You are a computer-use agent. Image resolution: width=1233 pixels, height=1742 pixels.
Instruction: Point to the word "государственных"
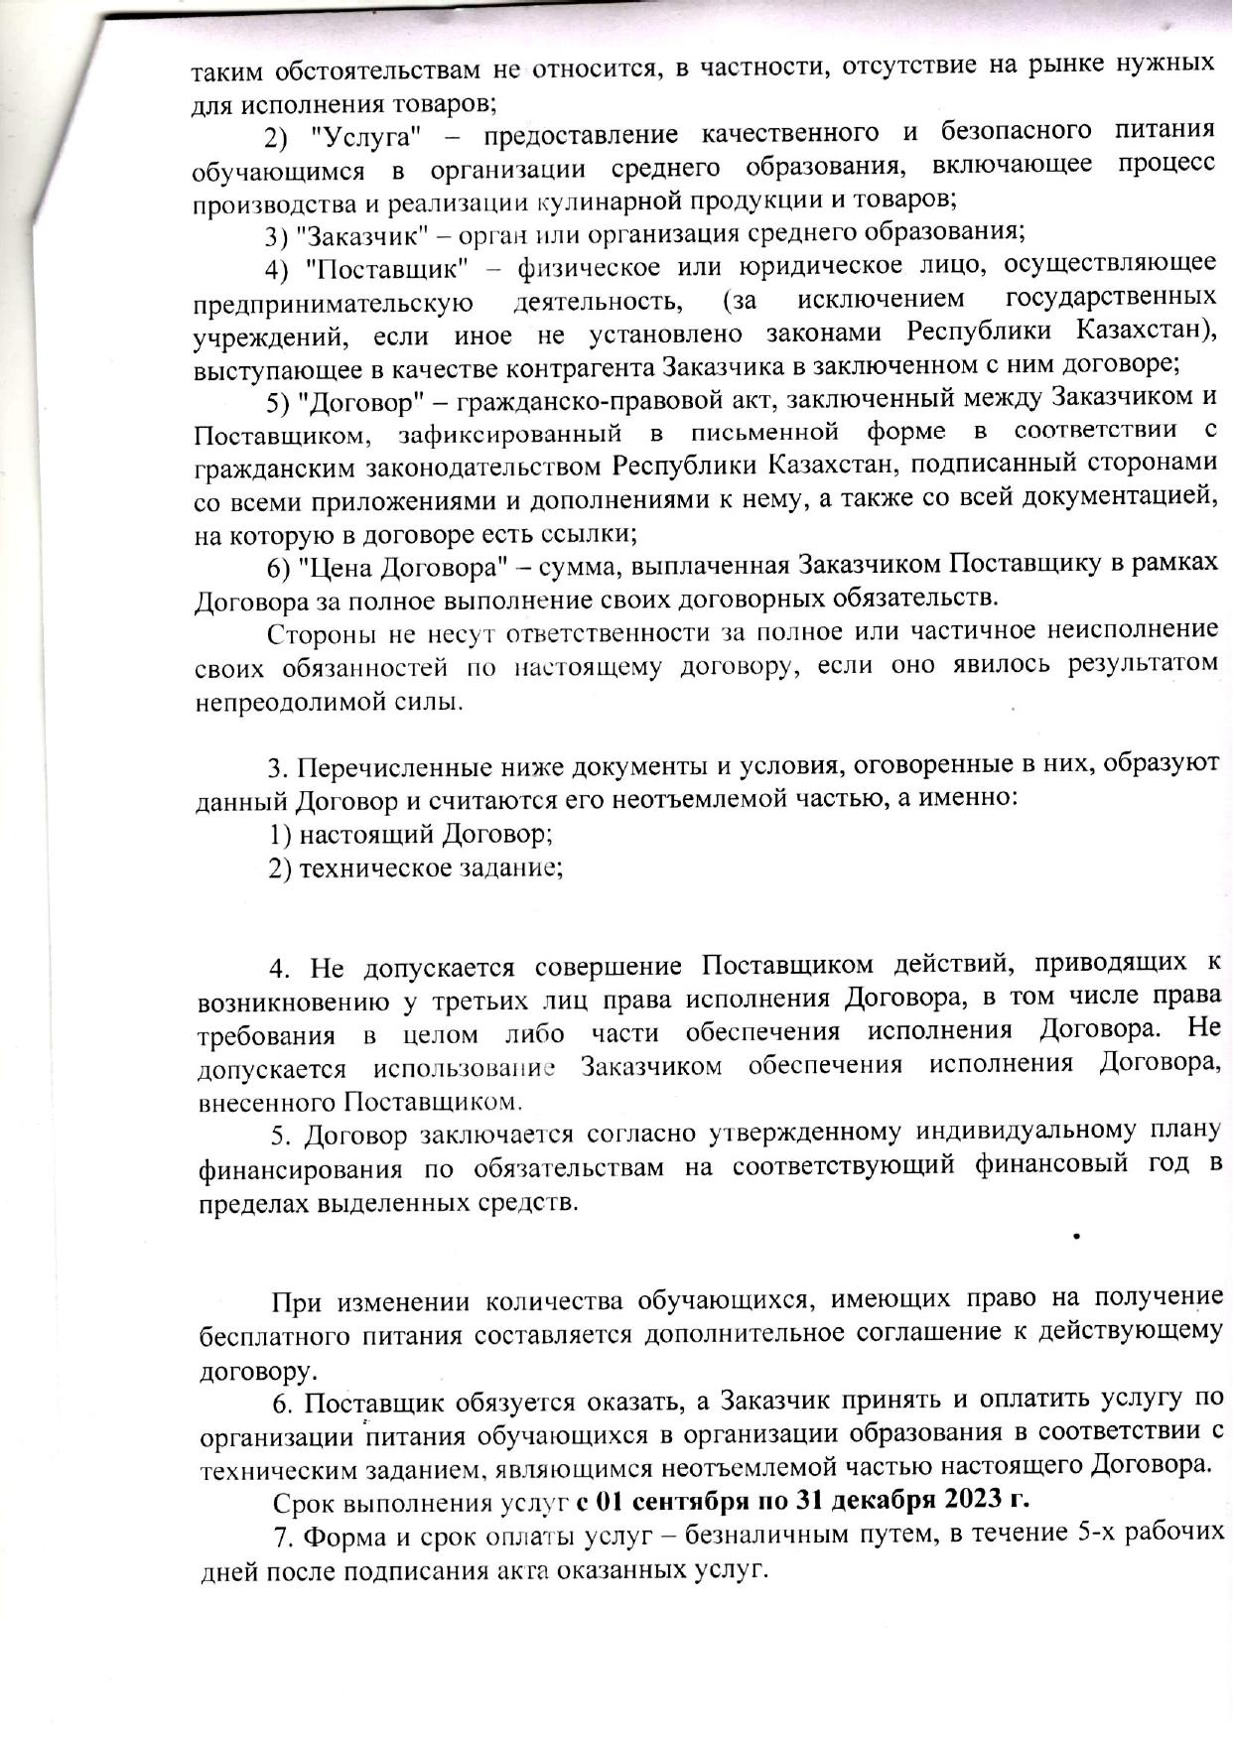pos(1111,298)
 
